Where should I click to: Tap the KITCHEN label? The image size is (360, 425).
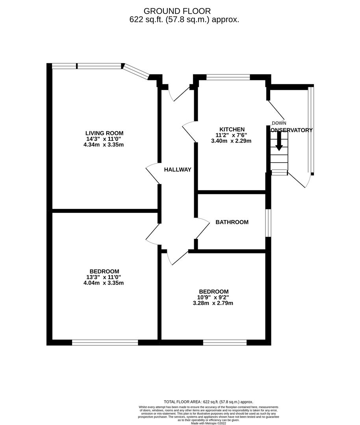click(232, 129)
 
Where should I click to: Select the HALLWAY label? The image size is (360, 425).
click(178, 170)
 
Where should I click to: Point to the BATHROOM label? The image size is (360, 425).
click(232, 222)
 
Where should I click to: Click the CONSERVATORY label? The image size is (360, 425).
click(291, 130)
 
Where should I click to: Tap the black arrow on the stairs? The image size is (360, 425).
click(279, 142)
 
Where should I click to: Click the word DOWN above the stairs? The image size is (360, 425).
click(279, 123)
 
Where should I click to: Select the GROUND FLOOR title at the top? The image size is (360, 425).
click(177, 11)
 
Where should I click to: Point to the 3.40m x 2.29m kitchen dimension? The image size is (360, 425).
click(232, 141)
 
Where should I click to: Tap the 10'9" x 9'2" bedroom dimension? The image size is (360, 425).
click(213, 297)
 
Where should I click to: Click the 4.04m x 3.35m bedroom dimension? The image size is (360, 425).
click(104, 283)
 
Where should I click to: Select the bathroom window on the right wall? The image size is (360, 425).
click(268, 223)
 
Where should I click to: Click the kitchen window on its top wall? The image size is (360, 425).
click(228, 77)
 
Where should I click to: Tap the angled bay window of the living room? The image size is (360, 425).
click(136, 70)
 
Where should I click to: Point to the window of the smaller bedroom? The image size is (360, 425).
click(225, 342)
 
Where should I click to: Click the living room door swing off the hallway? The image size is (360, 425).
click(153, 174)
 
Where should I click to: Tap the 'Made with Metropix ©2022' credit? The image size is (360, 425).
click(209, 423)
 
